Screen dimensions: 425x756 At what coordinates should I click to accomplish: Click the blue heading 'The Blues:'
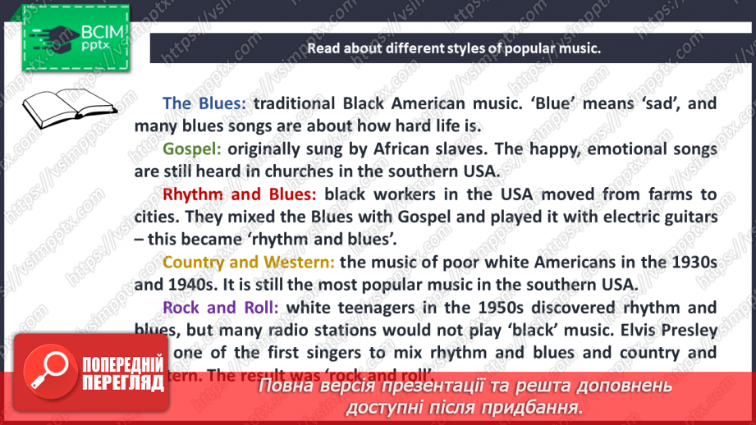204,104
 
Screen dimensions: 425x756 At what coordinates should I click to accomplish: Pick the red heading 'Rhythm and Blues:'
240,195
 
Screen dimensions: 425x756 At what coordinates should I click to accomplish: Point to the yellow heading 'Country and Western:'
249,263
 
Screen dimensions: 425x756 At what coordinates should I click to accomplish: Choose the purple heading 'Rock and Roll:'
221,308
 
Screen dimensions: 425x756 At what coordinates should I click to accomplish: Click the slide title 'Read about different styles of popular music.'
454,48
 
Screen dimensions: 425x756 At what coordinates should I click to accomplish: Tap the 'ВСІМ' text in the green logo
103,32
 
